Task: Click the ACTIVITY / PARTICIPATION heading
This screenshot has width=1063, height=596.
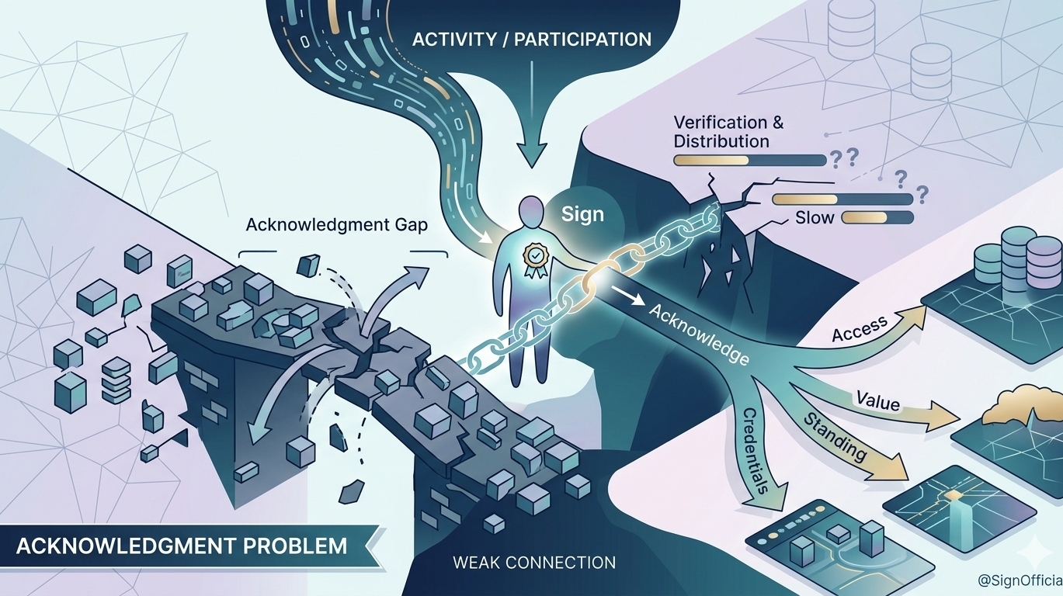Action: click(x=531, y=40)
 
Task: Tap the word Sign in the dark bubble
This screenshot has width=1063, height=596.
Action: click(x=582, y=213)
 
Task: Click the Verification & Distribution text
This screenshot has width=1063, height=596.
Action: click(x=728, y=132)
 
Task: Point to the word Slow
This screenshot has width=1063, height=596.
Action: click(x=814, y=218)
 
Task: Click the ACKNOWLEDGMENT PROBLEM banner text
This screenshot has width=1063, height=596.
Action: click(x=182, y=546)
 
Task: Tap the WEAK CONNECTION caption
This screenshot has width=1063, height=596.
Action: click(x=534, y=562)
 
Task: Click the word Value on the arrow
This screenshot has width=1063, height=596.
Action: click(x=878, y=403)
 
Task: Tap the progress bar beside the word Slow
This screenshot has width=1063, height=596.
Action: click(x=877, y=218)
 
